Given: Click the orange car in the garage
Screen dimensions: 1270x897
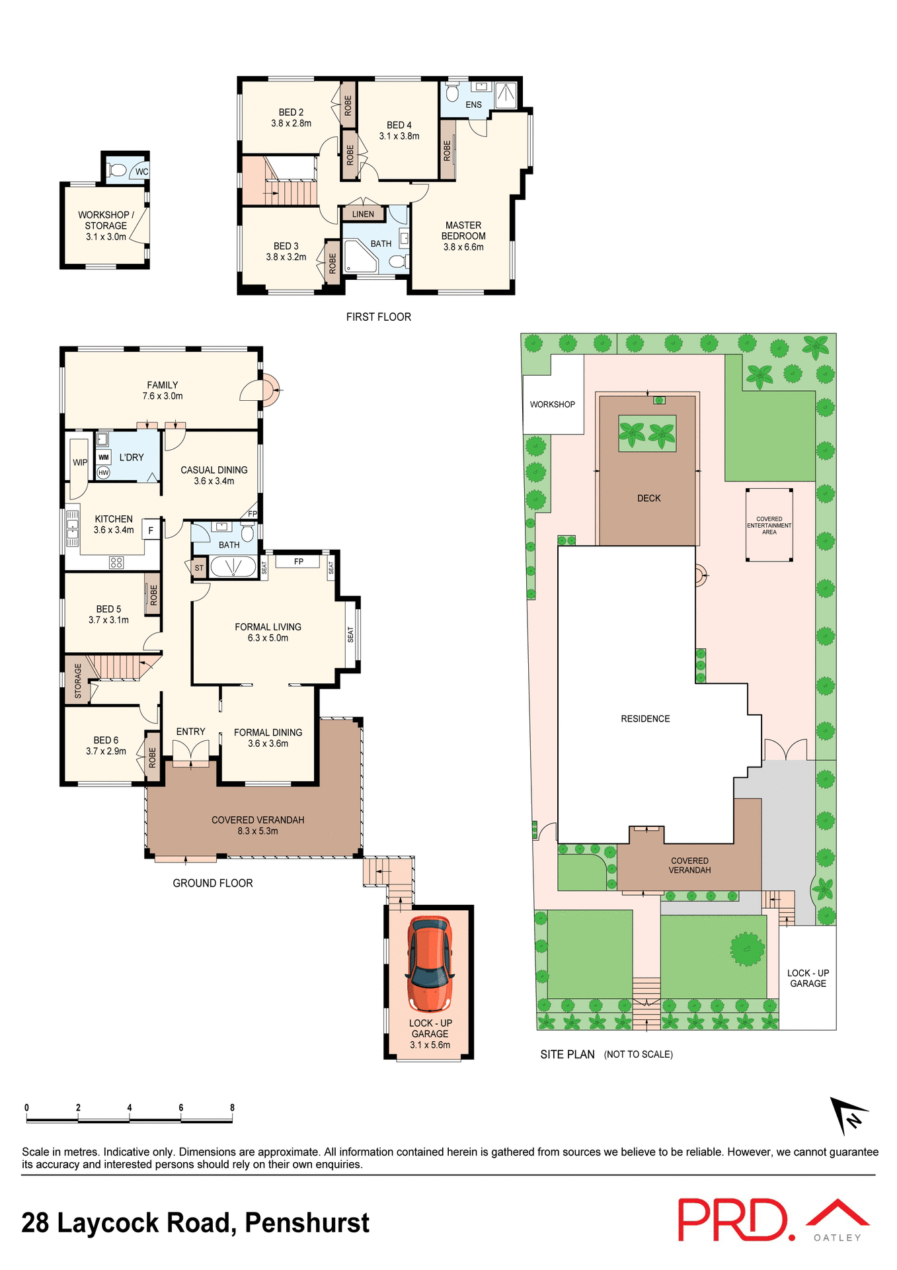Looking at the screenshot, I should (430, 964).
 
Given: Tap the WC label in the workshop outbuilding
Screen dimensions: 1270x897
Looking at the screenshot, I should (141, 172).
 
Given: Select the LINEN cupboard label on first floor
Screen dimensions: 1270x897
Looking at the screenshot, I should (363, 214).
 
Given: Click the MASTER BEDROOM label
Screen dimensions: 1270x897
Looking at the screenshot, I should (463, 231).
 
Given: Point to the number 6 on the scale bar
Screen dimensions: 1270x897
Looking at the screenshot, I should (180, 1107).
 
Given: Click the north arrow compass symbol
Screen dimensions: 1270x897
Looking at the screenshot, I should (848, 1115).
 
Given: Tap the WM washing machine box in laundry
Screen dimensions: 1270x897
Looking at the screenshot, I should (104, 457).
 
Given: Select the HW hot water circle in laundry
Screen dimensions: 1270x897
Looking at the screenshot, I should (103, 472).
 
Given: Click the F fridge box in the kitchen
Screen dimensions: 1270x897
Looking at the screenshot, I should (151, 530).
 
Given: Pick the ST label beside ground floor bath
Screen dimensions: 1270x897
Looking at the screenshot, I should (199, 568).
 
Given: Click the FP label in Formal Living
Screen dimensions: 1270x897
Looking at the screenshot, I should (299, 562).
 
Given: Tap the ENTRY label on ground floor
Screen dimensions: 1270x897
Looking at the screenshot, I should (190, 732).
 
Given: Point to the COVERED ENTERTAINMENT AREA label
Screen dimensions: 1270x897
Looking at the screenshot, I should (769, 525).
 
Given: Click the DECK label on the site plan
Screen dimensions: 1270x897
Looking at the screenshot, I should (648, 498).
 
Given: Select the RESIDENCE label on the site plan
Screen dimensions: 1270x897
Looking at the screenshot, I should (645, 718).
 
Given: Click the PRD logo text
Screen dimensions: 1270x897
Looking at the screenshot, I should (734, 1220).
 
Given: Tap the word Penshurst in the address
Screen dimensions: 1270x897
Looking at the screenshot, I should (307, 1223).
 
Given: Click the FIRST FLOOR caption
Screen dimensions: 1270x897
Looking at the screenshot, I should (378, 317).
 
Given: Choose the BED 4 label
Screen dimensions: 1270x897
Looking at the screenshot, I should (399, 125).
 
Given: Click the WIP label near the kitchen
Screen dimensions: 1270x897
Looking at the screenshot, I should (79, 462).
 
